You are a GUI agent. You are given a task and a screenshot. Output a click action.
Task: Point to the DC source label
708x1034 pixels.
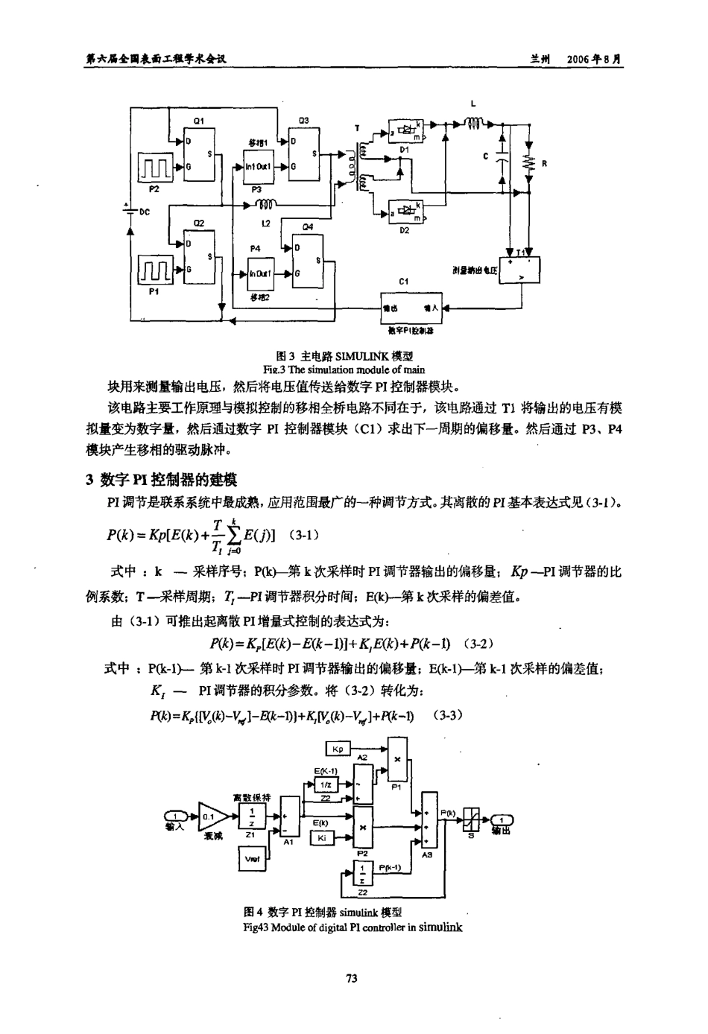(145, 212)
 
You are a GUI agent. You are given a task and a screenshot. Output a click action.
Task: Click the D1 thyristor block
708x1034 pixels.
(405, 131)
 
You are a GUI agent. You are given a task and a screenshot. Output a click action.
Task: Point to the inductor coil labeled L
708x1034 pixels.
(475, 123)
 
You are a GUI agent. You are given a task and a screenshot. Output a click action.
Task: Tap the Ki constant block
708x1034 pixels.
(322, 837)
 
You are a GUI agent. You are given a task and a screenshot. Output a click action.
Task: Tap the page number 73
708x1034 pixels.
(353, 978)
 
